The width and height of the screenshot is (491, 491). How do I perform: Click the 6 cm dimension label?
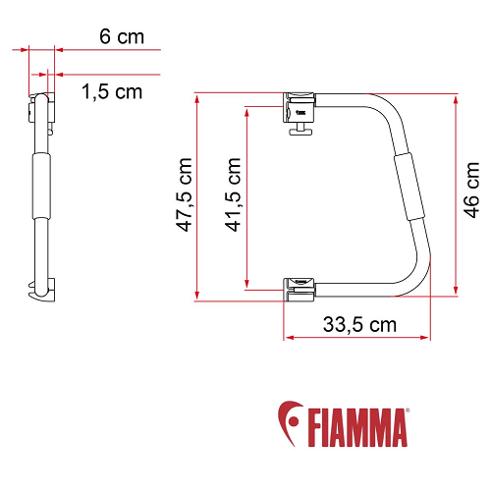[122, 37]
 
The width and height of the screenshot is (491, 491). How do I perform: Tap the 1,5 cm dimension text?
[113, 91]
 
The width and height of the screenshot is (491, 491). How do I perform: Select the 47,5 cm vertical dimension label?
[180, 196]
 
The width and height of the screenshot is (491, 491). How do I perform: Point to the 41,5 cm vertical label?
[233, 196]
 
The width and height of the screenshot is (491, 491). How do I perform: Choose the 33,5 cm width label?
[359, 324]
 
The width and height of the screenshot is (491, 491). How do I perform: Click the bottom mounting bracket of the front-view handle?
[300, 286]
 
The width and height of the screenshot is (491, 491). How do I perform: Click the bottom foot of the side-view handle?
[43, 292]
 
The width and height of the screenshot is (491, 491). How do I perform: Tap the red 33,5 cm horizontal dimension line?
[359, 338]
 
